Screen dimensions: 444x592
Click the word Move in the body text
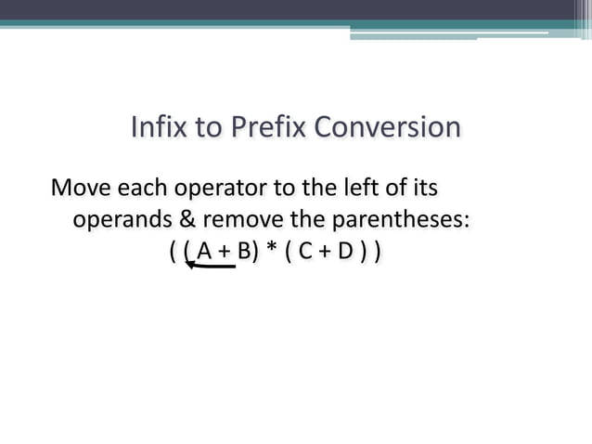[x=79, y=189]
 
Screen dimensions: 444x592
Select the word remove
[x=239, y=220]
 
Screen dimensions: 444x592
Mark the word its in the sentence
[x=423, y=189]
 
